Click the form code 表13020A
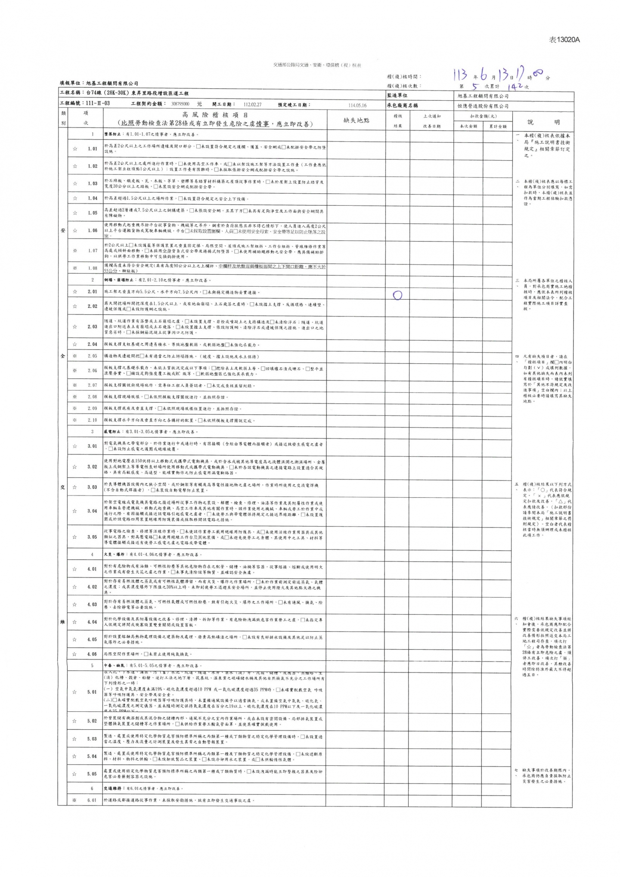click(564, 40)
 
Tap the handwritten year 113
click(460, 75)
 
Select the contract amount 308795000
click(180, 104)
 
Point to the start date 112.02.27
click(252, 104)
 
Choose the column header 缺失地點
click(356, 121)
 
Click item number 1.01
click(92, 149)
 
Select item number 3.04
click(92, 511)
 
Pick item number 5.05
click(92, 774)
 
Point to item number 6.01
click(92, 800)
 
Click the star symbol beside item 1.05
click(75, 213)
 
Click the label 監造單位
click(397, 96)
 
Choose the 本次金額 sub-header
click(468, 126)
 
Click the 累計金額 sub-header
click(497, 126)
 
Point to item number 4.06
click(92, 654)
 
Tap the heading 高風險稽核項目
click(215, 115)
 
